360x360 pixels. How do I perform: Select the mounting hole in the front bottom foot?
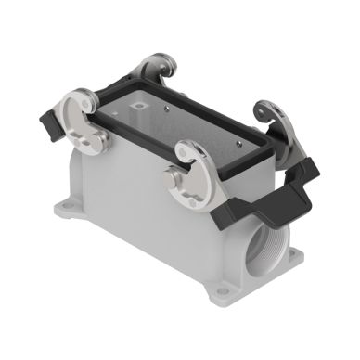coord(221,298)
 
